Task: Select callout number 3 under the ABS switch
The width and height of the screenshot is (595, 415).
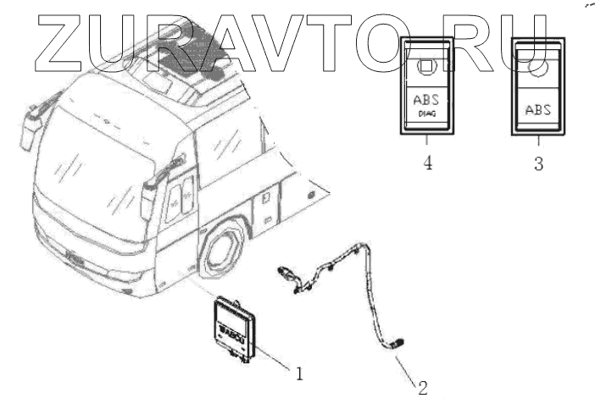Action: [538, 163]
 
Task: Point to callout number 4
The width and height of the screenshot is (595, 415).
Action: [428, 163]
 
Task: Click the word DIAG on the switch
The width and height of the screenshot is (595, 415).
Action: [424, 118]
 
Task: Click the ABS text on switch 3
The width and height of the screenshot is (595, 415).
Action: [538, 109]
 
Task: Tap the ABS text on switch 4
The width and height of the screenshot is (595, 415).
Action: [426, 102]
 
